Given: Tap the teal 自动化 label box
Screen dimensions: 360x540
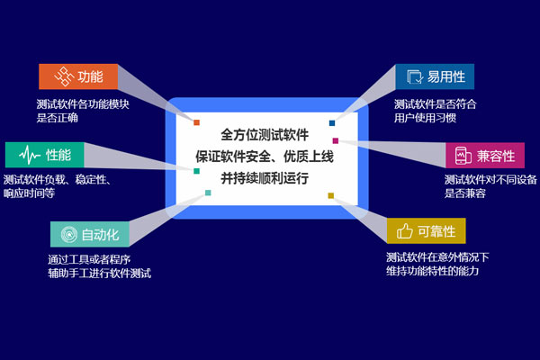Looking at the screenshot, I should (90, 235).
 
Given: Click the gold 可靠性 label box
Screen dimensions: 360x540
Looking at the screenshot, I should (426, 230).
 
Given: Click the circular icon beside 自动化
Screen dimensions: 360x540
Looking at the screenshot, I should (67, 235).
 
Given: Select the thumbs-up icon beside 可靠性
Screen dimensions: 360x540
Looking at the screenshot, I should (404, 231).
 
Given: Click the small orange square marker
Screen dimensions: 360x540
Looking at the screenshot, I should (196, 121).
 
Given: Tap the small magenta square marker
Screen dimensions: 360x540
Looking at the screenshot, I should (335, 140).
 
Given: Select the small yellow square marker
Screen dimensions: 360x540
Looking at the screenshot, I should (330, 195).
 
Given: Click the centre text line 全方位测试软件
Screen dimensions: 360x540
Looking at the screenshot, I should (264, 136).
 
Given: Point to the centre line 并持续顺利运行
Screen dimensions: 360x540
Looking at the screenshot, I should (264, 177).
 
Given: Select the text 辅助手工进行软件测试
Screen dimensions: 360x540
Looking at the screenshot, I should (99, 273).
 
